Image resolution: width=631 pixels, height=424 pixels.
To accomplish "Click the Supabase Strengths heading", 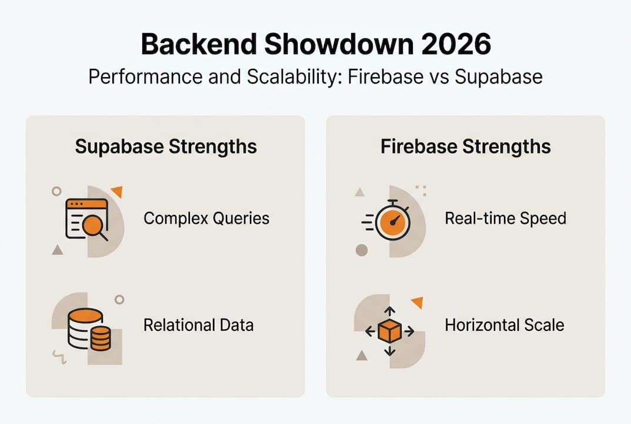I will pyautogui.click(x=166, y=146).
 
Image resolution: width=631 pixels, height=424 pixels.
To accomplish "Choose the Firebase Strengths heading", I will pyautogui.click(x=466, y=146).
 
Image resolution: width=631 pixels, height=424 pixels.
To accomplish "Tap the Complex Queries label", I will pyautogui.click(x=206, y=218).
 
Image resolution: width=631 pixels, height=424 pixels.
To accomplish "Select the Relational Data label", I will pyautogui.click(x=198, y=324).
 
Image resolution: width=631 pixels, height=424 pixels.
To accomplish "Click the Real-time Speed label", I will pyautogui.click(x=505, y=218).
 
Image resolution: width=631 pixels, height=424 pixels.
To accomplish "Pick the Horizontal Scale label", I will pyautogui.click(x=504, y=324).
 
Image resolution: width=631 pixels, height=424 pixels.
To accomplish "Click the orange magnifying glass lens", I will pyautogui.click(x=92, y=224).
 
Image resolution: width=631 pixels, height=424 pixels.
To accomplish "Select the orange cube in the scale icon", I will pyautogui.click(x=389, y=332).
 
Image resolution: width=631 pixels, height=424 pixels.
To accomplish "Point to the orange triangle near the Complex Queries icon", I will pyautogui.click(x=116, y=191).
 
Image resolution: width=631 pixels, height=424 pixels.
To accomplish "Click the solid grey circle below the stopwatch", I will pyautogui.click(x=362, y=250).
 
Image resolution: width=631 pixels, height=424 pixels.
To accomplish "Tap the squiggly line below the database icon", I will pyautogui.click(x=59, y=355).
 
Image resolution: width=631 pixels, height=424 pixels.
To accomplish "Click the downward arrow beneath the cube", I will pyautogui.click(x=389, y=352).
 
